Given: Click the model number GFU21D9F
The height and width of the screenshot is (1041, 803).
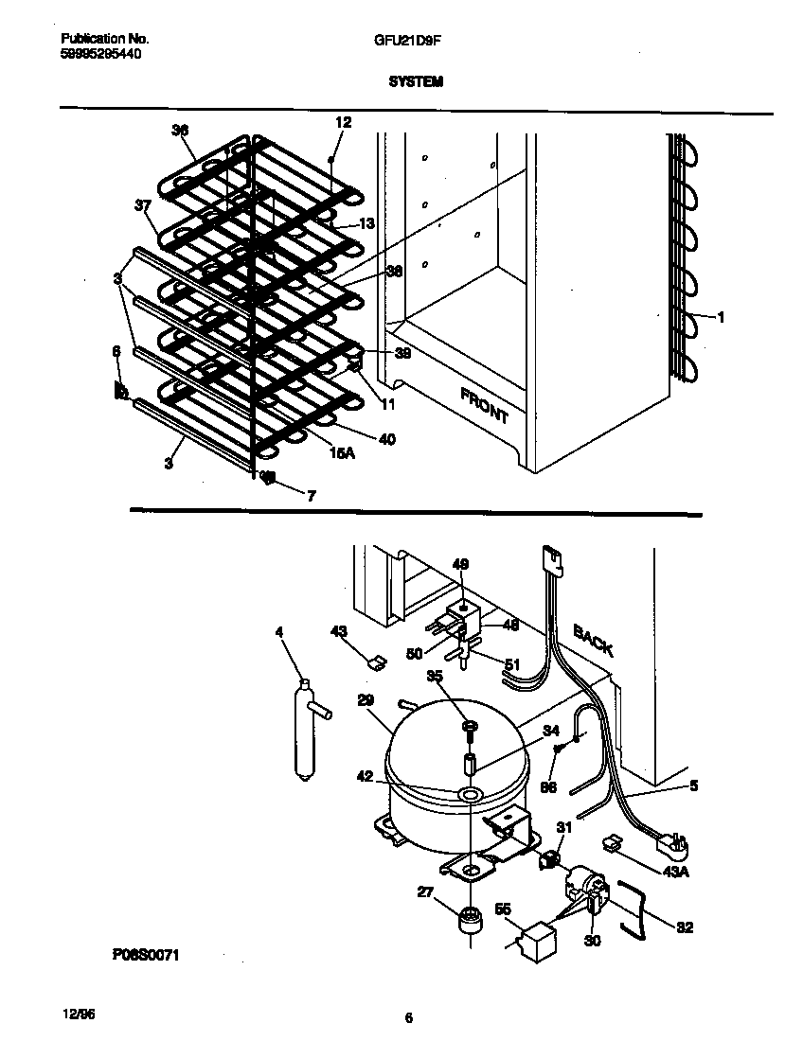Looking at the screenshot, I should tap(401, 39).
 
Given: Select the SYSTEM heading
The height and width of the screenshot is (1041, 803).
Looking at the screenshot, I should tap(415, 82).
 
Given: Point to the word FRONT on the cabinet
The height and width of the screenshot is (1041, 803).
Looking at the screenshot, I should tap(485, 404).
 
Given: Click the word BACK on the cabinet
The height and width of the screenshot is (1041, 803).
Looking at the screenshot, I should tap(594, 641).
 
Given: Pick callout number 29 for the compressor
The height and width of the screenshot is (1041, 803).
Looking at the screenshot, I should tap(366, 699).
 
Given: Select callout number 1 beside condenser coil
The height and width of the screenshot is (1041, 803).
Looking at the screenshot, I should tap(721, 318).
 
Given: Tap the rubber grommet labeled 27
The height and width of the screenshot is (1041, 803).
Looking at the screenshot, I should tap(469, 923).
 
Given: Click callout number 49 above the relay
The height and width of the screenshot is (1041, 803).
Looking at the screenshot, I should tap(460, 565).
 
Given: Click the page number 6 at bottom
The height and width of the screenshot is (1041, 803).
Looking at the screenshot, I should tap(408, 1018).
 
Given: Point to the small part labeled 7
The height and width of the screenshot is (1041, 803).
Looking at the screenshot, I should tap(268, 478).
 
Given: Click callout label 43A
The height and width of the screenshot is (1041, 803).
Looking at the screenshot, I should tap(675, 872).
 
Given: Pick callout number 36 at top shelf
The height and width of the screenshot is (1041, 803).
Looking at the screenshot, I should tap(180, 132).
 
